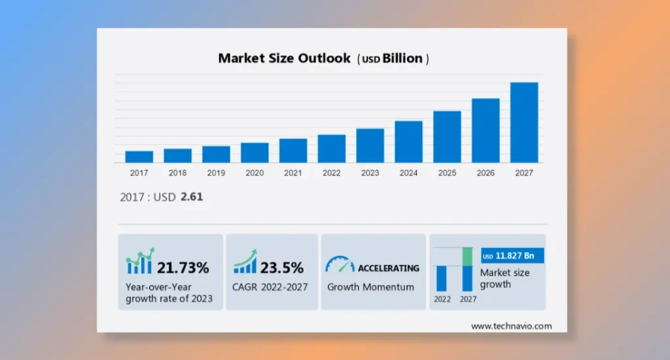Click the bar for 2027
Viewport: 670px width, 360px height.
tap(524, 122)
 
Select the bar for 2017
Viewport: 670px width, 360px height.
tap(139, 157)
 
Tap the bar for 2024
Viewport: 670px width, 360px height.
tap(408, 141)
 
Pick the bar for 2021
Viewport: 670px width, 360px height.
tap(292, 151)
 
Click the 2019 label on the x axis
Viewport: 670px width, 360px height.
tap(216, 173)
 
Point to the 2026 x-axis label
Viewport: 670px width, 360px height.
tap(485, 173)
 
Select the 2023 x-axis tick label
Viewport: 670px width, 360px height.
tap(370, 173)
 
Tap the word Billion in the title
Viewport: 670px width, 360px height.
tap(402, 58)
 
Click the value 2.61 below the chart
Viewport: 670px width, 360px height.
tap(192, 196)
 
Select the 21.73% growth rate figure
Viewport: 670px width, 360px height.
tap(183, 267)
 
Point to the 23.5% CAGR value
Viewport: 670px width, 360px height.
tap(281, 267)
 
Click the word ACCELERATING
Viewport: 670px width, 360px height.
tap(388, 268)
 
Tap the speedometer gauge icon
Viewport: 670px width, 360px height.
tap(340, 264)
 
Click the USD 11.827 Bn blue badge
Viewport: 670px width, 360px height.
tap(512, 255)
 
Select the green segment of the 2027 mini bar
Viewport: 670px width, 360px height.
tap(467, 257)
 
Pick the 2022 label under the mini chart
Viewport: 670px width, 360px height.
tap(442, 299)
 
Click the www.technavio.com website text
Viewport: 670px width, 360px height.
tap(511, 326)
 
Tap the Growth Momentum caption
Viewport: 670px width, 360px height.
tap(370, 287)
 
